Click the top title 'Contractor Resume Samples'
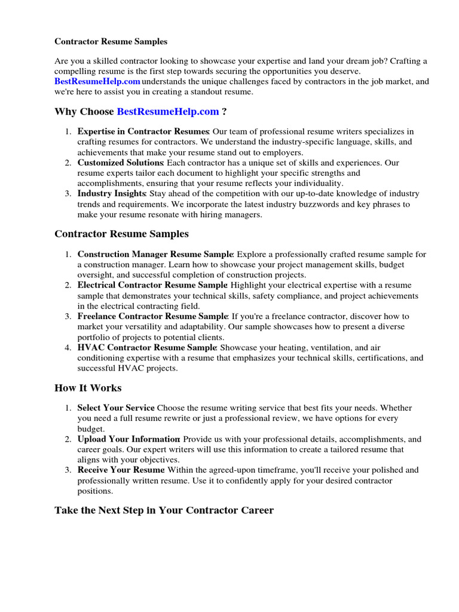[111, 42]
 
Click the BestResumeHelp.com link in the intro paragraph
[97, 81]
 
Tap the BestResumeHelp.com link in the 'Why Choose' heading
[168, 112]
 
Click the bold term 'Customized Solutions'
[120, 163]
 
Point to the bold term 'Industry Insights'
[112, 194]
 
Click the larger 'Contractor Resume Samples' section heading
[121, 234]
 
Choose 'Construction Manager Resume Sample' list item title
[154, 255]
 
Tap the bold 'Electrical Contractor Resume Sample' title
[152, 286]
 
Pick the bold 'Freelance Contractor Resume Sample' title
[152, 316]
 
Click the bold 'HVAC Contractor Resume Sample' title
[146, 347]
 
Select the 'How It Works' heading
[88, 388]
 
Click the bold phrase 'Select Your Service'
[116, 408]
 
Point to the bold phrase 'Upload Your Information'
[128, 439]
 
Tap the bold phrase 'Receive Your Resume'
[121, 470]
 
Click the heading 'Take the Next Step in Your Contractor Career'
[164, 511]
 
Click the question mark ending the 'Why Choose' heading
[224, 112]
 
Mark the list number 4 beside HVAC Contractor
[69, 347]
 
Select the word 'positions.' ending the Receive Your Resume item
[96, 491]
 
